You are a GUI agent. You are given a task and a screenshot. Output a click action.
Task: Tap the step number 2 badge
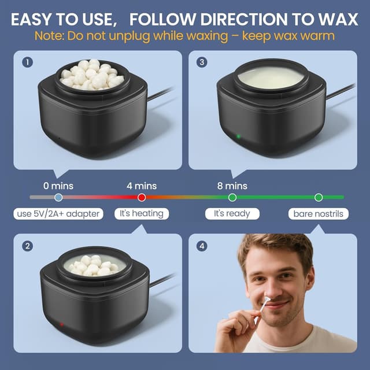click(x=27, y=246)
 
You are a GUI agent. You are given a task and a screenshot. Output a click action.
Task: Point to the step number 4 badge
click(x=201, y=246)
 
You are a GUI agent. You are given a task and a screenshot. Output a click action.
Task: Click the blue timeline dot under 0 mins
click(x=58, y=198)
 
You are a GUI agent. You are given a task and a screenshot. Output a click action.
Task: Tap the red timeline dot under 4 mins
click(x=142, y=198)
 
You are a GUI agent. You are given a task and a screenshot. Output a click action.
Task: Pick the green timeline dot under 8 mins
click(x=232, y=198)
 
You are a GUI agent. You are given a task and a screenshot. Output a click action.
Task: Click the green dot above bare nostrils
click(x=318, y=198)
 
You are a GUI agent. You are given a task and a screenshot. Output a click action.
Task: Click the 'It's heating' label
click(x=142, y=214)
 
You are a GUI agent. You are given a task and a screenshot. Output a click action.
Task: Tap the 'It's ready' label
click(x=232, y=214)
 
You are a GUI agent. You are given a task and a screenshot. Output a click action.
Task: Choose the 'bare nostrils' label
click(x=318, y=214)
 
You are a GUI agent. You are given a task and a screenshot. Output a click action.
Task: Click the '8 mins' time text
click(x=232, y=186)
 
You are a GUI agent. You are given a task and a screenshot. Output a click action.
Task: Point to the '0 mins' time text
click(x=58, y=186)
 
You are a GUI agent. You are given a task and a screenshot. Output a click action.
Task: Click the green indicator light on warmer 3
click(x=238, y=137)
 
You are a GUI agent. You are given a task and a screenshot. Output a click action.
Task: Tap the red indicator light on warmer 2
click(x=61, y=324)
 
